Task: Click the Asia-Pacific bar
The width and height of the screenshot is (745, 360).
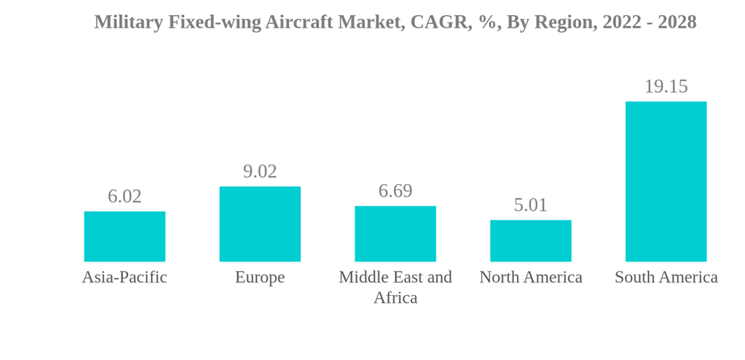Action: (x=124, y=236)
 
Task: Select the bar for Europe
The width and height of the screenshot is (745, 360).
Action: (x=260, y=224)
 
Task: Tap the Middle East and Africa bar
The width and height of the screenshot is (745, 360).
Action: (x=395, y=233)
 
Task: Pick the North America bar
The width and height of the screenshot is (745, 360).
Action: (x=530, y=241)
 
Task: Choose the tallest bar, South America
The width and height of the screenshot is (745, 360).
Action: (x=666, y=181)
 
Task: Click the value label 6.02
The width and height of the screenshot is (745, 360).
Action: (x=124, y=196)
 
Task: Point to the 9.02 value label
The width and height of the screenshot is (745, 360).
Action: (x=260, y=171)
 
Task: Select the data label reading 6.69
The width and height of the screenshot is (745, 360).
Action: (x=395, y=191)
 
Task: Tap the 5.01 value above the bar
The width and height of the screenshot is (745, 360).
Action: (x=530, y=205)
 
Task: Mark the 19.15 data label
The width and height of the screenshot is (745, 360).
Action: (x=666, y=86)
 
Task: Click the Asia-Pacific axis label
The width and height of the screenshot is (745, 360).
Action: (x=124, y=277)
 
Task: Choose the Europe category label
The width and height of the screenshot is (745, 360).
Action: (x=260, y=277)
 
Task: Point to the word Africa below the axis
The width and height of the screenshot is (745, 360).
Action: (x=395, y=298)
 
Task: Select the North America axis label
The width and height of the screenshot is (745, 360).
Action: (x=530, y=277)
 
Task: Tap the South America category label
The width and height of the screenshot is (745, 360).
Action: (x=666, y=277)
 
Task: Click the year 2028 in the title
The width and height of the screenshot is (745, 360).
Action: (x=676, y=22)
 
